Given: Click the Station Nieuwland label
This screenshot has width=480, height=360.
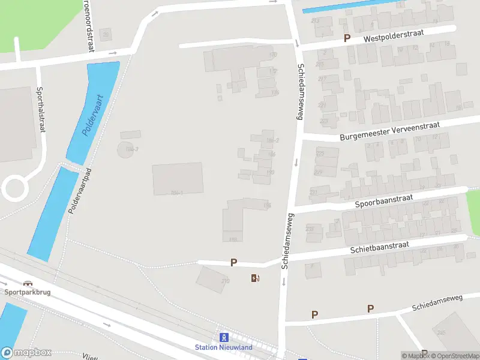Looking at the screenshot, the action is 224,347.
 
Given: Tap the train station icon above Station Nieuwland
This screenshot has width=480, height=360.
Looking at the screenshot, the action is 224,337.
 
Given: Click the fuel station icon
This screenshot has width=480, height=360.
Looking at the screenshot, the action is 255,278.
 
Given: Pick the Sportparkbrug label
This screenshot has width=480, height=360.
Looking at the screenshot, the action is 26,292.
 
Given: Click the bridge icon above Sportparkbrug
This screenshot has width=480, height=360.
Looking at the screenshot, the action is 27,283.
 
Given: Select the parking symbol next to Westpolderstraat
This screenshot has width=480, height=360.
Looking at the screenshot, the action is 347,38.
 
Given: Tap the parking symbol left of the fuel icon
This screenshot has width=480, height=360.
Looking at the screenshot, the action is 234,262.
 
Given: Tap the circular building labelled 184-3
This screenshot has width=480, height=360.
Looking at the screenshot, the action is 125,149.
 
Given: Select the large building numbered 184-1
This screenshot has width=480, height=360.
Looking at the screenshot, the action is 177,178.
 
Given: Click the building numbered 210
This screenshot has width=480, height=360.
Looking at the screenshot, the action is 212,278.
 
